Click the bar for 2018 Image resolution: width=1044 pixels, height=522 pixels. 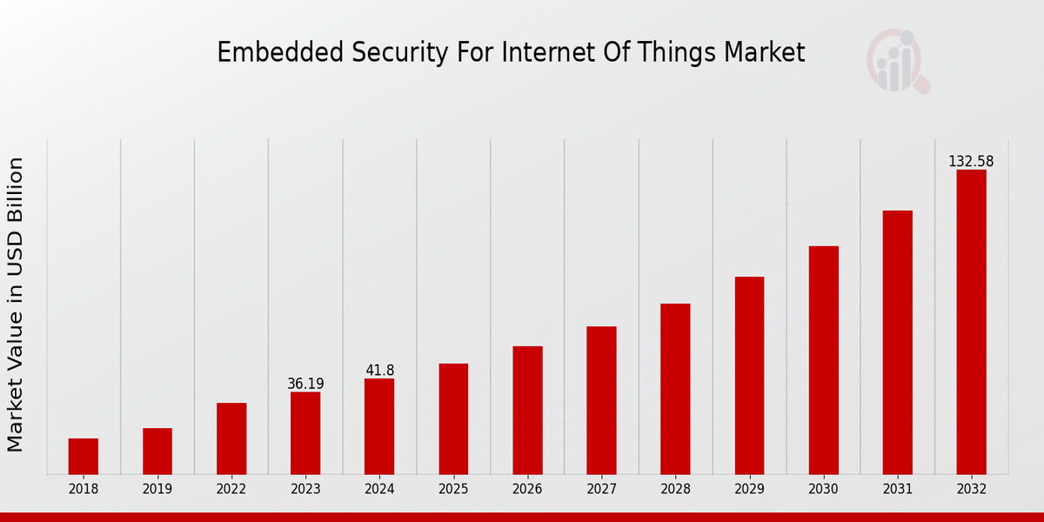84,456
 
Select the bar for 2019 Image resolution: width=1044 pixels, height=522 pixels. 157,451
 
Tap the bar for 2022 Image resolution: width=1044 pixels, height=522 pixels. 231,438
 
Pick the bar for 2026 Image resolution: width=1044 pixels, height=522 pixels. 527,410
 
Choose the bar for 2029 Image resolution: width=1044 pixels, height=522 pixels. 749,375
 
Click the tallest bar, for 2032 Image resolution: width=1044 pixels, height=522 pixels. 971,322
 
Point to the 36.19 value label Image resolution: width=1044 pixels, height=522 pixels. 305,384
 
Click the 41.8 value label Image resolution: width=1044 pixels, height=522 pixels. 379,371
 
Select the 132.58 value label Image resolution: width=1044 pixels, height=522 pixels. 971,162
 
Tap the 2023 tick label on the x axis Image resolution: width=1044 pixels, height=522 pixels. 305,489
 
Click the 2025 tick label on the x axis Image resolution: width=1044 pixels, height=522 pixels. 453,489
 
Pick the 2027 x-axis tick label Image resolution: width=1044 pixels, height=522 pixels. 601,489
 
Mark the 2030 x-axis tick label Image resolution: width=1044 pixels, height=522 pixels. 823,489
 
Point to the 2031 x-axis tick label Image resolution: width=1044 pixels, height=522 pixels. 897,489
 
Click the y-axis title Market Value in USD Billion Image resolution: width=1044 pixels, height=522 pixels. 16,304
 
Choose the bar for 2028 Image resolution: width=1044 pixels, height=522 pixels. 675,389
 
